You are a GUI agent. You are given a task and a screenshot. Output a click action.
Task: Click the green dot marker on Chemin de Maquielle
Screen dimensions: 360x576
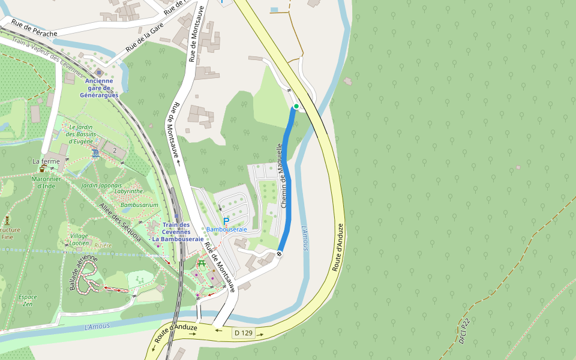[x=296, y=107]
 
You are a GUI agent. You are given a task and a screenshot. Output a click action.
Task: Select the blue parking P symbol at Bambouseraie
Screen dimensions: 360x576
[x=226, y=221]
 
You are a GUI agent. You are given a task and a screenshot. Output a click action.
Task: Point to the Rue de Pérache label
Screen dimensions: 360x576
[x=34, y=29]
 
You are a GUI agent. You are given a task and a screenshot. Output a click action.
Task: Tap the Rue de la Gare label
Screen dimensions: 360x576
[x=144, y=41]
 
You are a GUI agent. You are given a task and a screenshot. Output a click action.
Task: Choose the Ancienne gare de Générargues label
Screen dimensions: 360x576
[x=99, y=88]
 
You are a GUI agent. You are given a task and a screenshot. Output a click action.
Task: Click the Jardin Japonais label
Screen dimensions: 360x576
[x=101, y=186]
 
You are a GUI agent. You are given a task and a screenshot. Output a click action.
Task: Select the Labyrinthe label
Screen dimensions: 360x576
[x=129, y=191]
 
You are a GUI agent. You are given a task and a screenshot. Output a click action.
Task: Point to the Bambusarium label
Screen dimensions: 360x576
[x=139, y=205]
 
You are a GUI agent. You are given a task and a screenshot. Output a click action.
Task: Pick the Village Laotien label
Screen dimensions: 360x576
[x=79, y=239]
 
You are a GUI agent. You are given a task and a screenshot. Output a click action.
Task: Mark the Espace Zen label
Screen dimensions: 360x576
[x=28, y=300]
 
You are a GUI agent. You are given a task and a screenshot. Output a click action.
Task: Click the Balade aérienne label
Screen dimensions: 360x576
[x=83, y=272]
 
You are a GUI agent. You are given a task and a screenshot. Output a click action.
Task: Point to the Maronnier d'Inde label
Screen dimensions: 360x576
[x=46, y=182]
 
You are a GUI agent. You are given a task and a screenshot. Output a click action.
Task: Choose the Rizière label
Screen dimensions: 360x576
[x=103, y=245]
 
